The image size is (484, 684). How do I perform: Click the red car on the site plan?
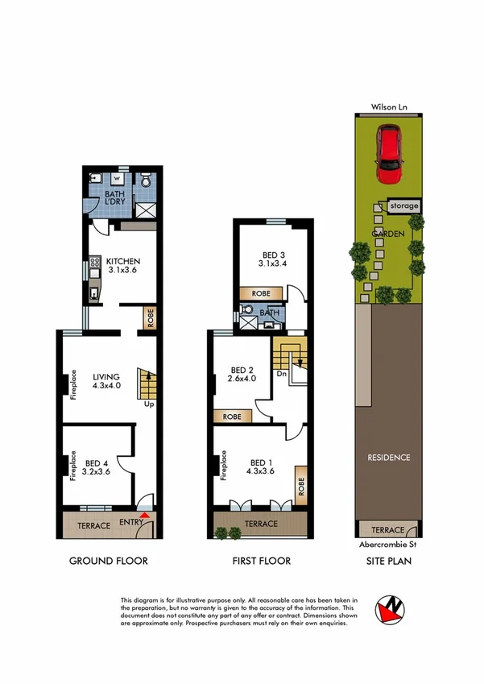pos(390,151)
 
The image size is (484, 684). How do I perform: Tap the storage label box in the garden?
pos(403,206)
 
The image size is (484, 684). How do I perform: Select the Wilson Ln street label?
pos(389,106)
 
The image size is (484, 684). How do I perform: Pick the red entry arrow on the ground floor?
pos(144,514)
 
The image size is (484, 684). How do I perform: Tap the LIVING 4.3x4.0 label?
pos(105,380)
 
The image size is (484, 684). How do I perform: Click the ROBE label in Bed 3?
pos(261,294)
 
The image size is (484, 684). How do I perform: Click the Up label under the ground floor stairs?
pos(148,404)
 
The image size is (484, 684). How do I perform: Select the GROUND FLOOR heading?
pos(108,561)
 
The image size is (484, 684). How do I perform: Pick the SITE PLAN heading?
pos(389,561)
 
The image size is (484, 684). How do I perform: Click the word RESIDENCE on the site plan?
pos(390,458)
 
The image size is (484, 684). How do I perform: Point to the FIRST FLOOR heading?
pos(261,561)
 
